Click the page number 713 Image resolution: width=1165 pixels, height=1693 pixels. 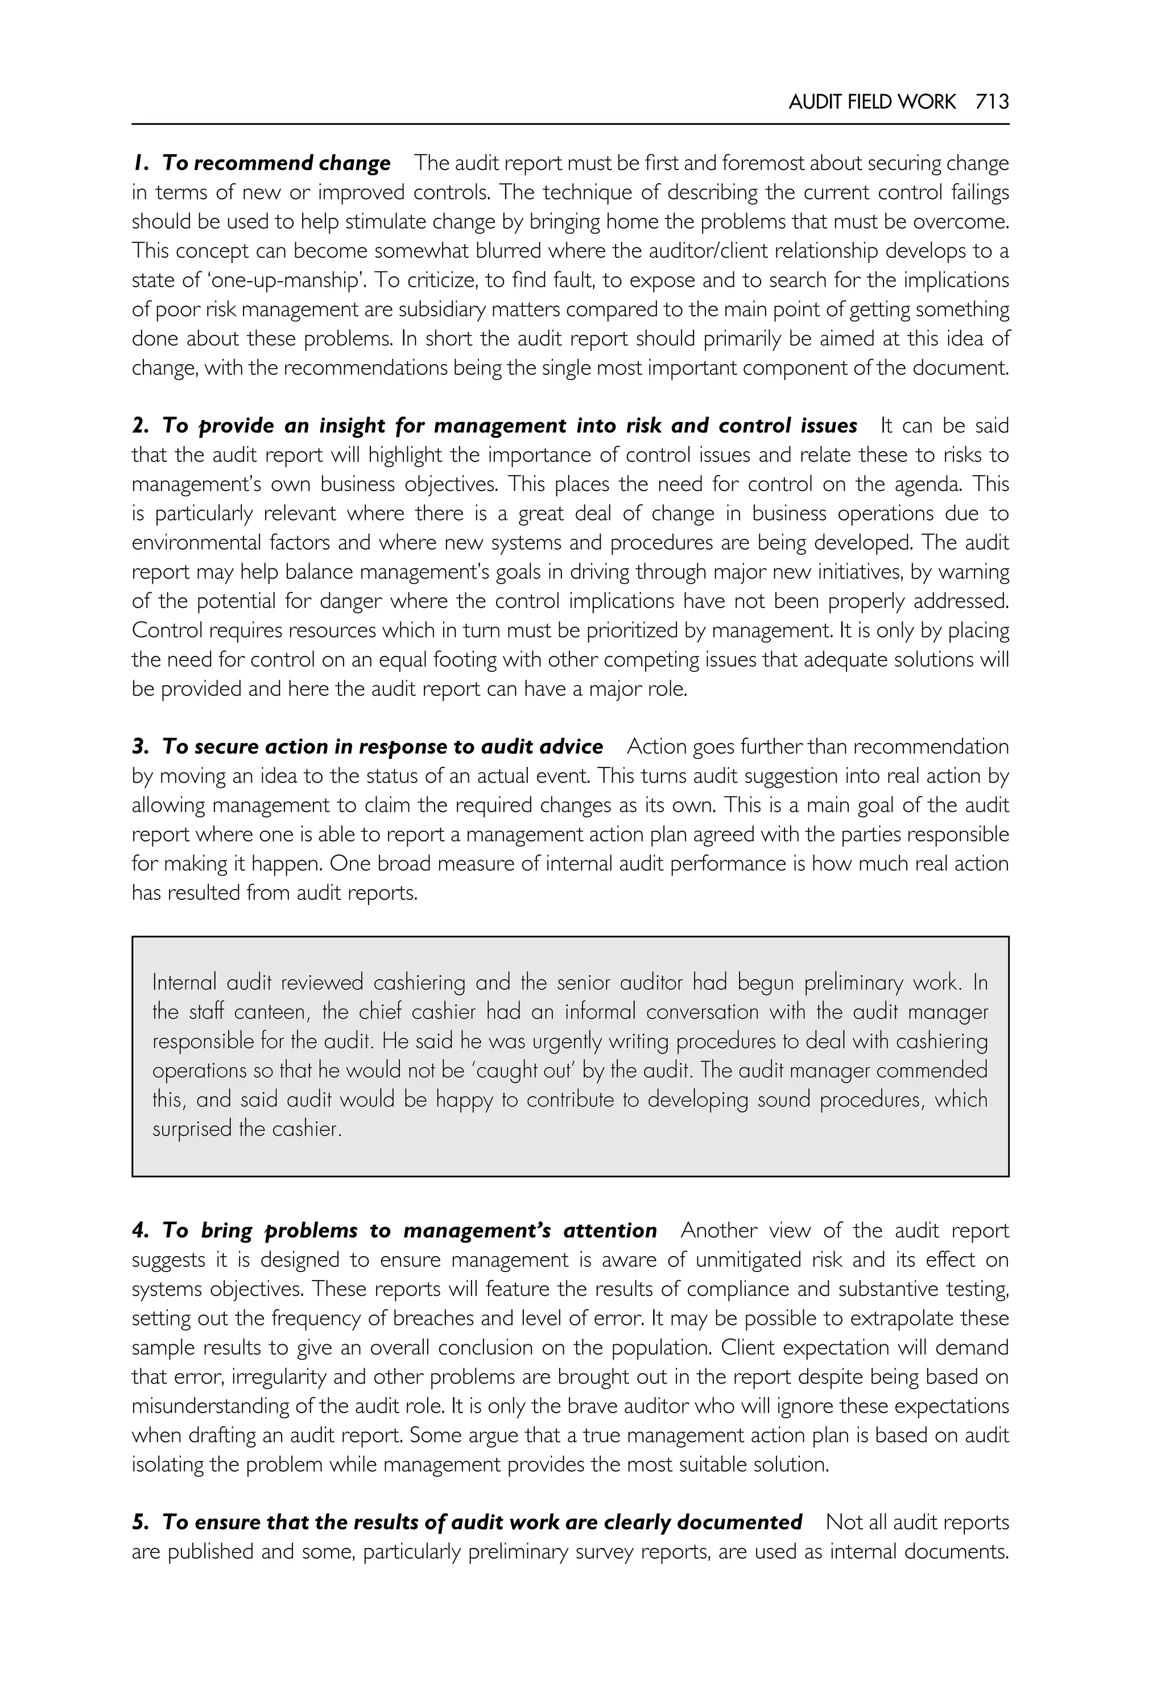992,101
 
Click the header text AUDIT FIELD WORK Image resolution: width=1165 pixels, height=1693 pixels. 871,101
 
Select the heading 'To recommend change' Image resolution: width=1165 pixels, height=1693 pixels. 276,163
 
